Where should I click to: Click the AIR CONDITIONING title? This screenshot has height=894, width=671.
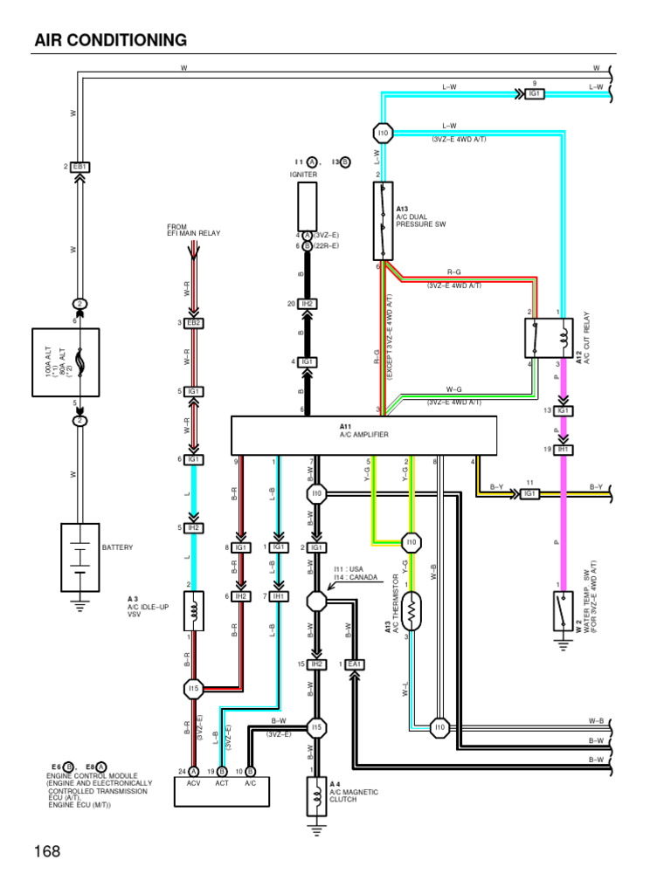tap(110, 40)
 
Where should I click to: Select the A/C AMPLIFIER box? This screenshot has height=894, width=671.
tap(363, 435)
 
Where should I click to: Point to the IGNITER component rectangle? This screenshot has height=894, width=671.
tap(307, 204)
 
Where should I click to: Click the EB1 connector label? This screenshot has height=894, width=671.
tap(80, 166)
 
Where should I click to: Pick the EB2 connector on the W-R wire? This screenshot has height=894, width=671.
tap(194, 323)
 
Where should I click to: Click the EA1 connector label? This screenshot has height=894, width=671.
tap(354, 664)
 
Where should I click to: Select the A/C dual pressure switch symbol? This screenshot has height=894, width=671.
tap(383, 222)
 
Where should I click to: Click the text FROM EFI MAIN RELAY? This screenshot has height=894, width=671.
tap(194, 230)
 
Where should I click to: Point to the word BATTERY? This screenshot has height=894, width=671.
tap(118, 547)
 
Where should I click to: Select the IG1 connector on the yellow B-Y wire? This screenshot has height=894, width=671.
tap(529, 493)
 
